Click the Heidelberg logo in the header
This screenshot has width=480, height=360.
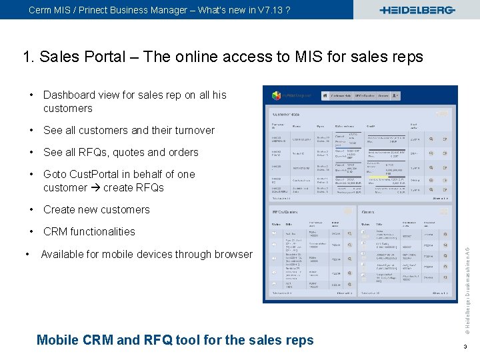click(x=417, y=10)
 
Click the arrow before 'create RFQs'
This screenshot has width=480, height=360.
click(x=96, y=187)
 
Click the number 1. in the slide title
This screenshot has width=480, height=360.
click(x=29, y=57)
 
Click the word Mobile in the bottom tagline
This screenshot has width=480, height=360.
click(x=57, y=340)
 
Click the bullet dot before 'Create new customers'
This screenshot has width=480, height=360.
click(x=32, y=209)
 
